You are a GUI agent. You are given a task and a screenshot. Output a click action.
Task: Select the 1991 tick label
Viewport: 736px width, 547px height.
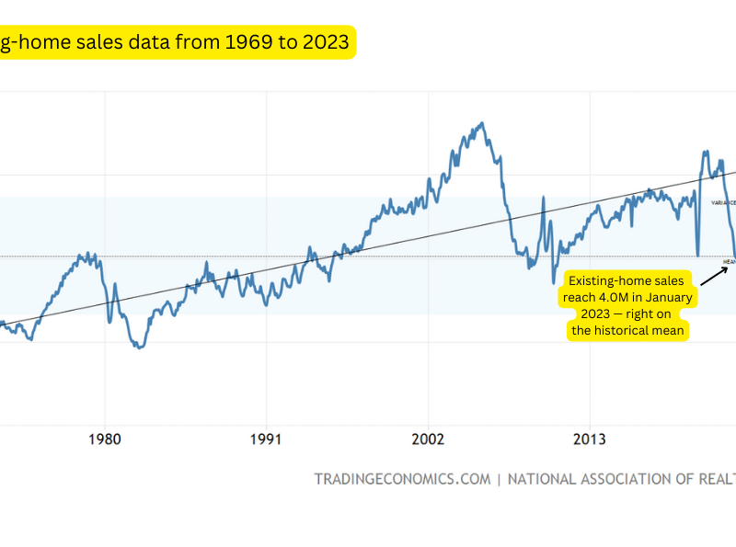267,439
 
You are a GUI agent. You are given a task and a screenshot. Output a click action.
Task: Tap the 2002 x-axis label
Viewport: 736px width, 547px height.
429,439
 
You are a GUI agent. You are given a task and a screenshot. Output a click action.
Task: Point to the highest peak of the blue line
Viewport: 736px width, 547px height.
481,122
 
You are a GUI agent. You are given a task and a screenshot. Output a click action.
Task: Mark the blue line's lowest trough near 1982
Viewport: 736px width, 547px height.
139,348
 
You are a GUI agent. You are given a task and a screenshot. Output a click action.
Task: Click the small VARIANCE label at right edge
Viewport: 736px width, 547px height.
724,202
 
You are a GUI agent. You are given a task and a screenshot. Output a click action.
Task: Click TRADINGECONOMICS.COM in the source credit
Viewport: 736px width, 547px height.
402,479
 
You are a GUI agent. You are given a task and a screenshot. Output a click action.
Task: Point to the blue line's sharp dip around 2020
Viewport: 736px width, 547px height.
697,255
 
